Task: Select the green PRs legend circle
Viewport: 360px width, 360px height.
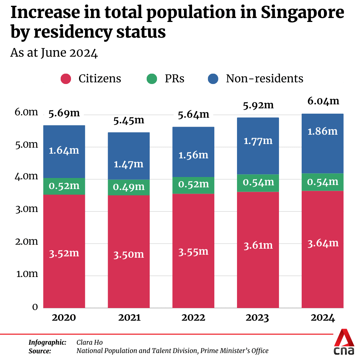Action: [x=152, y=79]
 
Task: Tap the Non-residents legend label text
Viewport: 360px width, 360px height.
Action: [x=264, y=79]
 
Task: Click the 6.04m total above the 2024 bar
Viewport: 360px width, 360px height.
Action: [x=323, y=101]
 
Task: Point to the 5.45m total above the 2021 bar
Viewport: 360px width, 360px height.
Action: [x=129, y=120]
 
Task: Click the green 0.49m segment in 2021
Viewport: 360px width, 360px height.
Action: [x=129, y=187]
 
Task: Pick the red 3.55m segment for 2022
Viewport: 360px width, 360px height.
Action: [x=193, y=251]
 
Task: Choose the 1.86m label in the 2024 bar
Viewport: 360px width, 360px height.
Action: [x=322, y=131]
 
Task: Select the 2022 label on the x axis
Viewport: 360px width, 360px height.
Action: [x=193, y=318]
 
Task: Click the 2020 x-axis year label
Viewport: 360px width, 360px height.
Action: [x=64, y=318]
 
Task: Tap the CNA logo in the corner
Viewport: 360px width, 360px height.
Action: [x=344, y=342]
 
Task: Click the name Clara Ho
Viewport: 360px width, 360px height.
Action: [x=90, y=342]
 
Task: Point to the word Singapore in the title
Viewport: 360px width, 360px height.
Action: [x=302, y=12]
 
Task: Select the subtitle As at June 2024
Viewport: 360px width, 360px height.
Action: [x=54, y=53]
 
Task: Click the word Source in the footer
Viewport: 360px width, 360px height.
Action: [x=40, y=351]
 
